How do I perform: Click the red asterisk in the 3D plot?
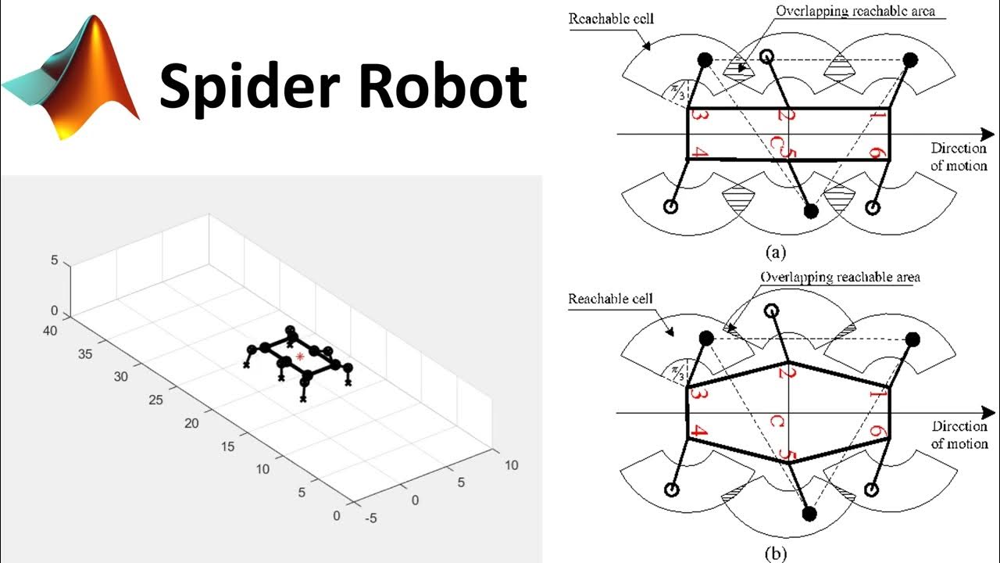(x=300, y=357)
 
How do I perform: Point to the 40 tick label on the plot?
(x=50, y=331)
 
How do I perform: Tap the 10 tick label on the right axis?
(x=511, y=465)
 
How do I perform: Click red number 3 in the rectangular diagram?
(x=700, y=117)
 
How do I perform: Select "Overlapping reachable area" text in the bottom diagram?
(x=840, y=277)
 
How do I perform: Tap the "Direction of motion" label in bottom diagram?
(x=959, y=435)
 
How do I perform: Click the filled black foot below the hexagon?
(x=809, y=513)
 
